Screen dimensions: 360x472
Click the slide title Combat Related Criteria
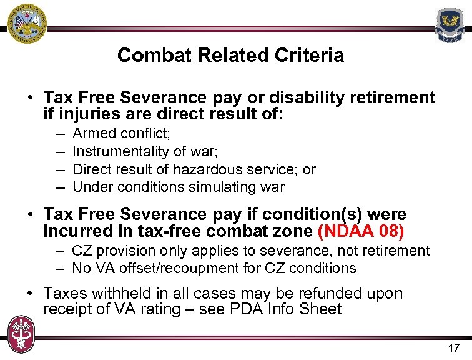(230, 56)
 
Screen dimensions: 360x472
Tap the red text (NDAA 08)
(361, 232)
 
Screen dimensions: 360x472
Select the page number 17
(453, 348)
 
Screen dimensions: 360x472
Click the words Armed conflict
(121, 134)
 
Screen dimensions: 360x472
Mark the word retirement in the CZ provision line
(397, 251)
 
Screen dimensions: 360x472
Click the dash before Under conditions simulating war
(59, 187)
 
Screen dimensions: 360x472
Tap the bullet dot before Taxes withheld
(30, 294)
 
